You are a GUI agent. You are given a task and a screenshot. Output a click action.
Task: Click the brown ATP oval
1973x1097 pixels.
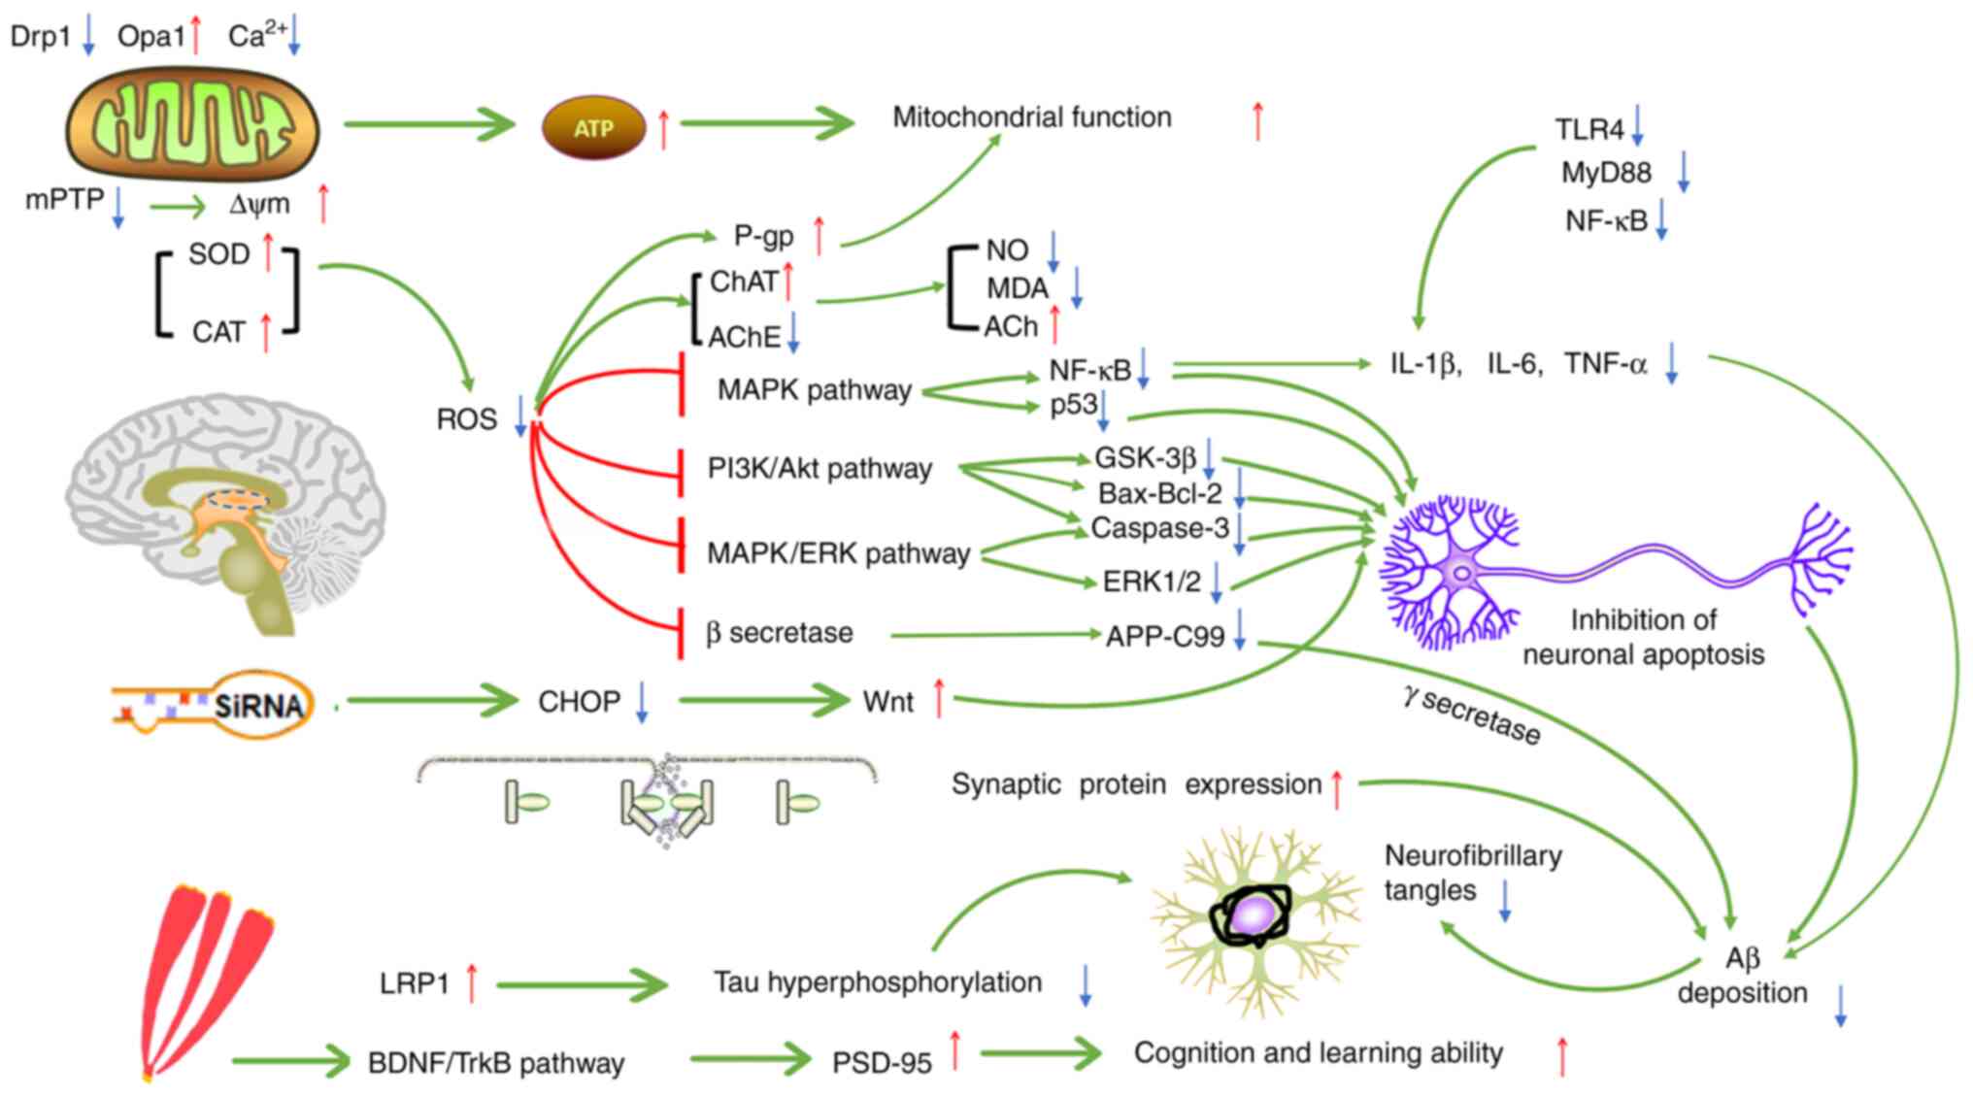(593, 127)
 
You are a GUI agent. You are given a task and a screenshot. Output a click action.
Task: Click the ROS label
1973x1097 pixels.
(466, 419)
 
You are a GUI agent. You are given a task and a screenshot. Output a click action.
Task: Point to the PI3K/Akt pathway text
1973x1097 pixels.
(819, 469)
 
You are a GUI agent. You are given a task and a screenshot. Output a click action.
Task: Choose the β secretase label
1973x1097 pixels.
(780, 633)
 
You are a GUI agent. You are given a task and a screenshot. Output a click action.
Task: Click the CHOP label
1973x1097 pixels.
(579, 702)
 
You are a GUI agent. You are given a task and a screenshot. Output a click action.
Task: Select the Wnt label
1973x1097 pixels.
(887, 702)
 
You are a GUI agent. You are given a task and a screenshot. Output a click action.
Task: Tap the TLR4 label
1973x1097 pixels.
(1588, 129)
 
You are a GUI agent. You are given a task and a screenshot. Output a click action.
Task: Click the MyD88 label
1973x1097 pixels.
(1605, 173)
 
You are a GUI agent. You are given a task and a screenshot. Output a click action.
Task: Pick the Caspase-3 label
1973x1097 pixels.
(1159, 528)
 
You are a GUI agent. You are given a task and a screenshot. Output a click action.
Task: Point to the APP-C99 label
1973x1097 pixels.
(1164, 637)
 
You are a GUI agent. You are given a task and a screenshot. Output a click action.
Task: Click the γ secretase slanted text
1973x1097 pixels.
(1471, 716)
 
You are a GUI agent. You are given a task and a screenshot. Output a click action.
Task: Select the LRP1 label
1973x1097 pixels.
(415, 984)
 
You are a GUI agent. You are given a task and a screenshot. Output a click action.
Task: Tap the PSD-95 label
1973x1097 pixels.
(882, 1063)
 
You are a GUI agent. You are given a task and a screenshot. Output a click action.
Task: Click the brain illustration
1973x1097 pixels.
(225, 510)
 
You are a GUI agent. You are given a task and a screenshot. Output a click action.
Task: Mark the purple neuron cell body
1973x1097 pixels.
(1460, 573)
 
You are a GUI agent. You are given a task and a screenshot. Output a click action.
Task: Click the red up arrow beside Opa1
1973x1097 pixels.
(196, 36)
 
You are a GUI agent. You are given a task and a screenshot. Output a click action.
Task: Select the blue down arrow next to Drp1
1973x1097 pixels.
(88, 36)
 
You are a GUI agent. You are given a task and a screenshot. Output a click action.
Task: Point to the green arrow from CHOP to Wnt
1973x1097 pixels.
(763, 700)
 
